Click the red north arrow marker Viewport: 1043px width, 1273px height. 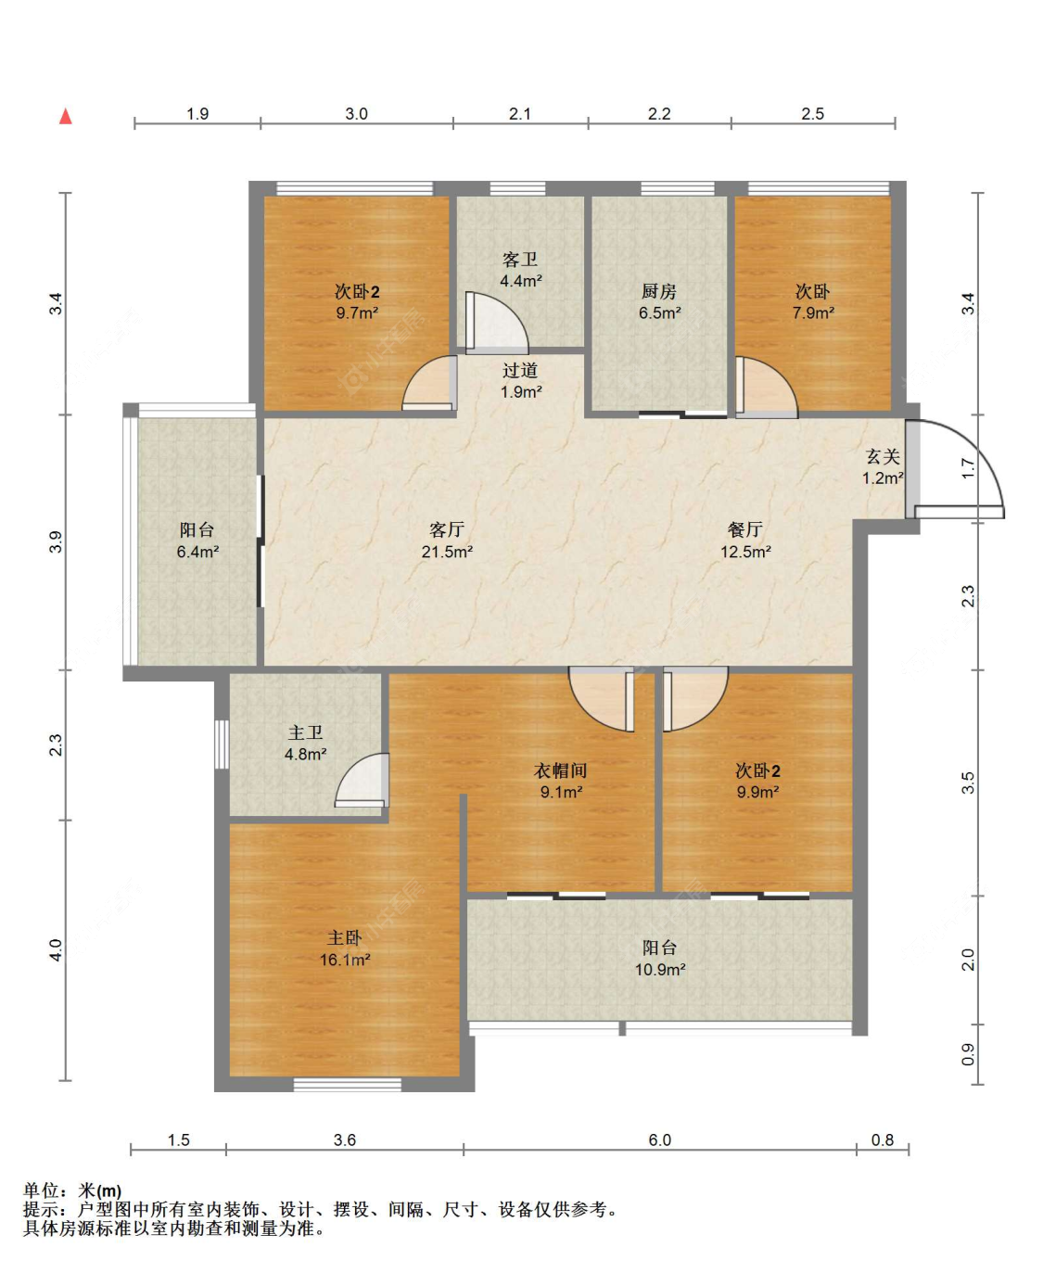click(x=66, y=116)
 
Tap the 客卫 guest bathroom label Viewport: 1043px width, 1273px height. click(x=520, y=260)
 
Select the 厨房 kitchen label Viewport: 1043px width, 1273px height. click(x=659, y=291)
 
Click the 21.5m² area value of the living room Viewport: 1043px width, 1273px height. click(x=447, y=551)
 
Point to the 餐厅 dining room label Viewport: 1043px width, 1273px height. click(x=745, y=529)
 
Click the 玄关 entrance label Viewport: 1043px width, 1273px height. click(x=883, y=456)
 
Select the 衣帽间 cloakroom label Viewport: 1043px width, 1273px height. click(x=561, y=770)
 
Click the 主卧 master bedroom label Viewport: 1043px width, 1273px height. click(x=344, y=937)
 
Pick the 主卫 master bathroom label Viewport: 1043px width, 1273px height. click(x=305, y=732)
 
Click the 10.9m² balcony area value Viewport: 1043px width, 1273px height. click(x=660, y=970)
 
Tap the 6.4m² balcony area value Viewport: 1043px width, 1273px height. click(x=198, y=551)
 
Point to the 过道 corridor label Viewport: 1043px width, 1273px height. click(x=520, y=370)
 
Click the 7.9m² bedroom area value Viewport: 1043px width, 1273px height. click(x=814, y=312)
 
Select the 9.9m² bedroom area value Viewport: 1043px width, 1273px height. click(x=757, y=791)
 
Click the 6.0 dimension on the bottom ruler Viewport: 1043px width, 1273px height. click(x=660, y=1139)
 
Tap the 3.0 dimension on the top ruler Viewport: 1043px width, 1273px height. click(x=356, y=113)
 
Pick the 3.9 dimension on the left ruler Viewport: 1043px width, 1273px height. click(x=56, y=541)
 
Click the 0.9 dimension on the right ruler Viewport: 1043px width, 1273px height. click(x=968, y=1054)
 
